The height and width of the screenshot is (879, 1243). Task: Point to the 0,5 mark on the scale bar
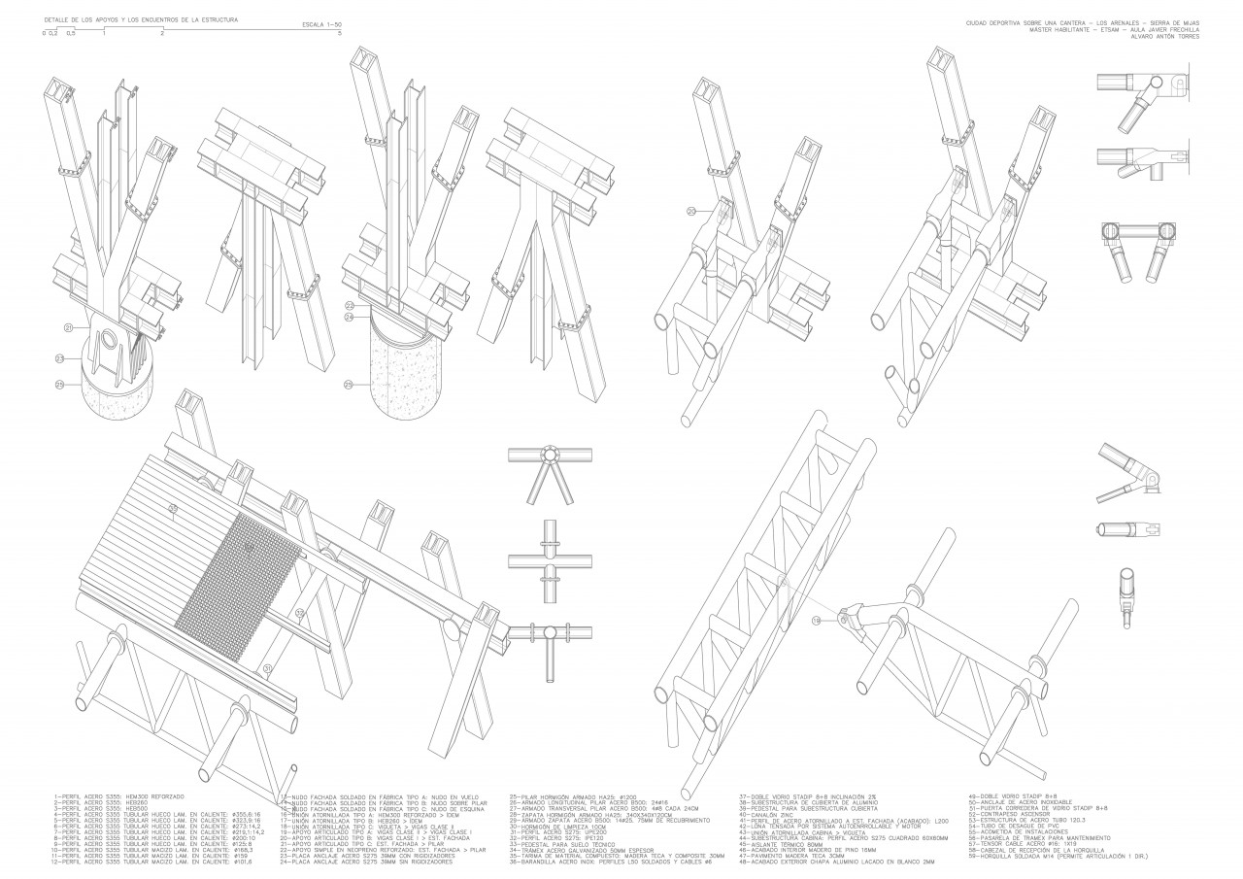70,34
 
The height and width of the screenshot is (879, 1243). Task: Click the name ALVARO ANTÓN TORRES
1165,37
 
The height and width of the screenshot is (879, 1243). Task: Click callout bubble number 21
69,328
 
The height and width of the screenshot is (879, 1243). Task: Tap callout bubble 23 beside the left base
59,359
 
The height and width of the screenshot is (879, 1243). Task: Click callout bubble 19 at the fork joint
816,618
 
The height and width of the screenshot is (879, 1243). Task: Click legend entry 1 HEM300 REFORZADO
107,796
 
